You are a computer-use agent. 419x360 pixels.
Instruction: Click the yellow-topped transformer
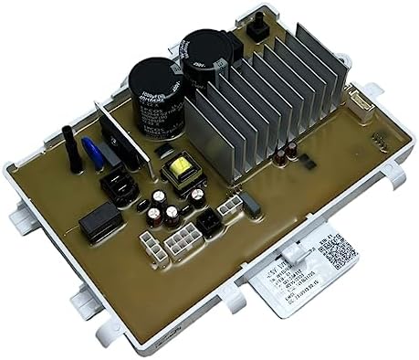[x=179, y=171]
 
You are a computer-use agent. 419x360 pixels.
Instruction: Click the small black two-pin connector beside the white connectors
[x=210, y=223]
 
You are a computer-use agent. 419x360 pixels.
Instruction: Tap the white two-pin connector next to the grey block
[x=228, y=206]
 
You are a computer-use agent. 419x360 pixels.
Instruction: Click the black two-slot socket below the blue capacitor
[x=120, y=187]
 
